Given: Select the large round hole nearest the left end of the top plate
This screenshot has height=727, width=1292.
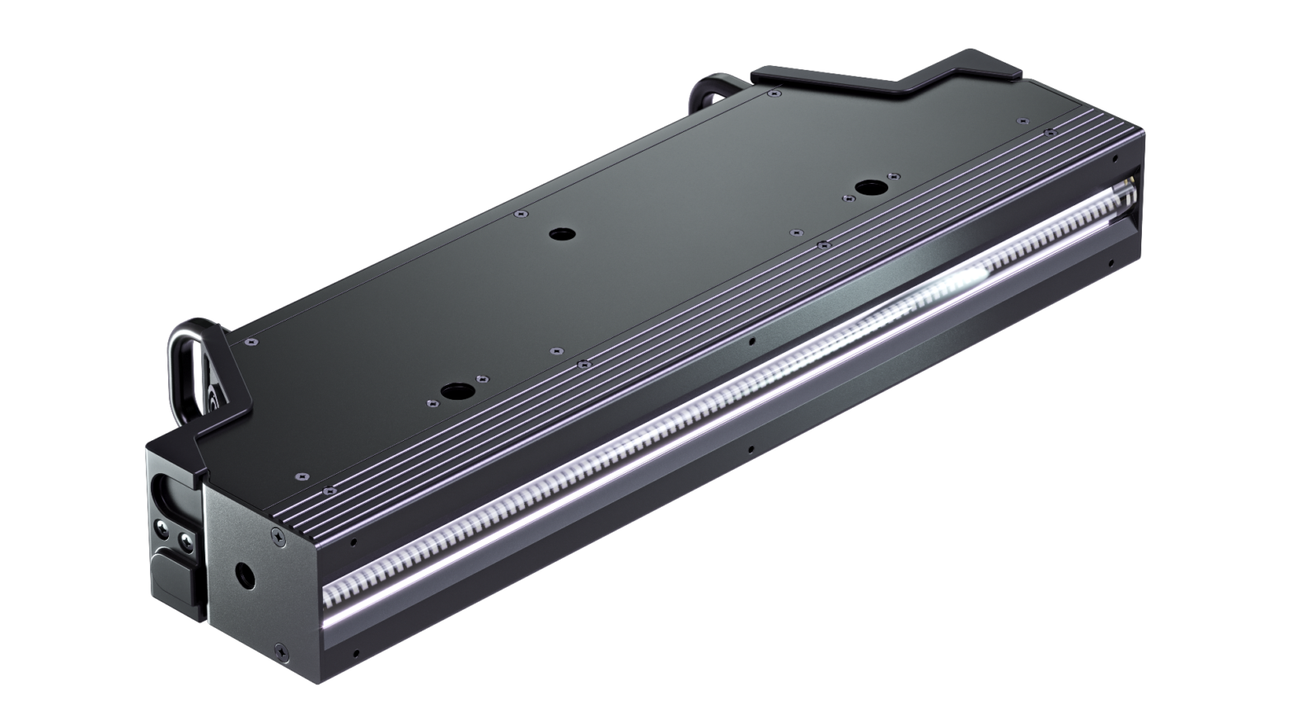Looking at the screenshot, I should [452, 392].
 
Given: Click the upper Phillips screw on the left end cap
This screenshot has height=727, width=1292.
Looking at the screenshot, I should [274, 537].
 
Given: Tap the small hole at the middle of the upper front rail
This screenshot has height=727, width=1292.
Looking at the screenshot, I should [751, 340].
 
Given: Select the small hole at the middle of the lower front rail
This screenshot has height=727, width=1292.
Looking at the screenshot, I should [750, 450].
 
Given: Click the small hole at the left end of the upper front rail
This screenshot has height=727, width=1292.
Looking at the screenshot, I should [353, 542].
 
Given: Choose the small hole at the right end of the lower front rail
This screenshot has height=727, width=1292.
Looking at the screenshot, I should [1112, 264].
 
